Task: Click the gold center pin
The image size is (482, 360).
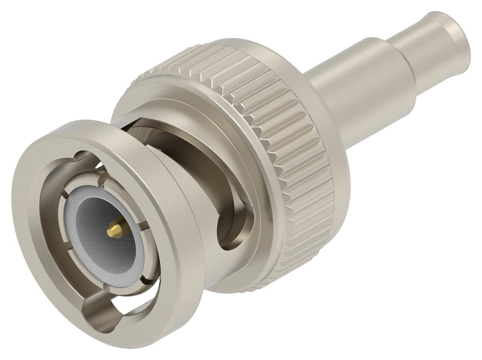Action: coord(114,229)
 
